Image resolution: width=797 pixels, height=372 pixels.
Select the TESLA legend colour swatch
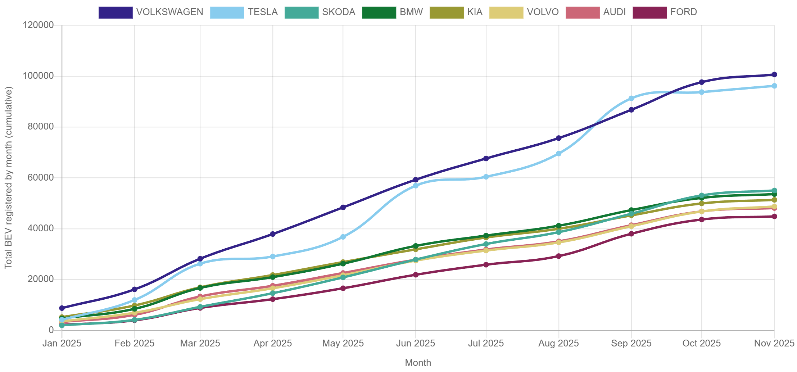(x=227, y=12)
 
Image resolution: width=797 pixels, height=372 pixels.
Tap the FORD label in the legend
(x=683, y=12)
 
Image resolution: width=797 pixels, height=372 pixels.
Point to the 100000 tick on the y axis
(x=38, y=76)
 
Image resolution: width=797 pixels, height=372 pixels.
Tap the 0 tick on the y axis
(x=51, y=330)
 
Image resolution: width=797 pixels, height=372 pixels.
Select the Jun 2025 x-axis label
(x=416, y=343)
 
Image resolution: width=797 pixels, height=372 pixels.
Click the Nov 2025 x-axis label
(x=774, y=343)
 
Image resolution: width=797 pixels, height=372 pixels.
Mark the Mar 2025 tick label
(x=200, y=343)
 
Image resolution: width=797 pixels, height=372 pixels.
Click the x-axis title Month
(x=418, y=363)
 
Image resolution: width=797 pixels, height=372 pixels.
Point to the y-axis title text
(x=8, y=177)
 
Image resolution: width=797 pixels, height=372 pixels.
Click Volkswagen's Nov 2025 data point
(x=774, y=74)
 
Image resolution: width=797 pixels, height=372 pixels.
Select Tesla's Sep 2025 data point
(x=631, y=98)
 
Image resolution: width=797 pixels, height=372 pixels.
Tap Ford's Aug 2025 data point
(x=558, y=256)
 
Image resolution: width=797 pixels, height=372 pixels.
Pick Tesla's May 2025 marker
(x=343, y=237)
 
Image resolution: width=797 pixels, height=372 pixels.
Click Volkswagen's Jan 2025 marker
(x=62, y=308)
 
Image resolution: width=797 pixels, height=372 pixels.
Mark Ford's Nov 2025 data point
(x=774, y=217)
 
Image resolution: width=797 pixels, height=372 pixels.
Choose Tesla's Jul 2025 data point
(x=486, y=177)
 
